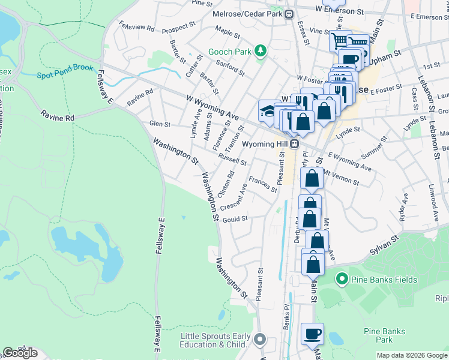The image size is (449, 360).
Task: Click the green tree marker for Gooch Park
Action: (261, 52)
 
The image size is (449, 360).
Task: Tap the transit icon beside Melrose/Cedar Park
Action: (289, 13)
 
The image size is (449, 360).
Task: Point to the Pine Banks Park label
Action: (384, 335)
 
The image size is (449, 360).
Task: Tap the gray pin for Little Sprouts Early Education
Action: (260, 340)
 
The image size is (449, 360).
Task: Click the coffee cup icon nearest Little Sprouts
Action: (312, 334)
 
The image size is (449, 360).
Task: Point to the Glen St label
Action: (160, 124)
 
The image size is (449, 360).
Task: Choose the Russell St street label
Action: (232, 161)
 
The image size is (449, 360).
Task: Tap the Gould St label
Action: (235, 220)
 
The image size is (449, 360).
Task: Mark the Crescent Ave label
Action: (234, 197)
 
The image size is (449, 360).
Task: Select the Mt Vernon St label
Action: (340, 177)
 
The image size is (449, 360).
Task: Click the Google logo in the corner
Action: (20, 353)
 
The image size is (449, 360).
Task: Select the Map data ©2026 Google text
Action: (412, 355)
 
